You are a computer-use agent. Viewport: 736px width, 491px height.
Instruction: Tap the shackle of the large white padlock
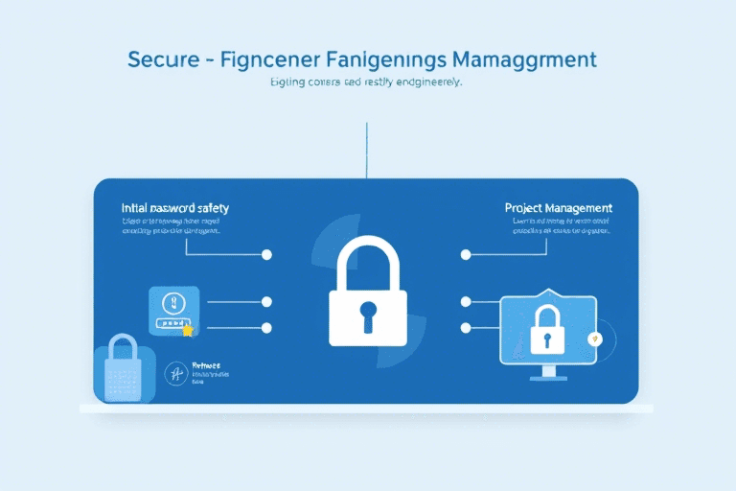coord(368,263)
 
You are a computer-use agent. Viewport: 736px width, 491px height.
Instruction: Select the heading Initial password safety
coord(175,207)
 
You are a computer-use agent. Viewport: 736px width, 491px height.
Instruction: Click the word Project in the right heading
coord(528,207)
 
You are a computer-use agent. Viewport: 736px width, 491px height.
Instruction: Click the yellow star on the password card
coord(188,330)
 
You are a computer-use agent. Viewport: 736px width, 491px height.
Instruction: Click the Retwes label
coord(206,365)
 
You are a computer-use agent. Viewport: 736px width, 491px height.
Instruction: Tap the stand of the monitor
coord(548,372)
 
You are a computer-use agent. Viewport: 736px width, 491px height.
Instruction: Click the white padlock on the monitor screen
coord(547,326)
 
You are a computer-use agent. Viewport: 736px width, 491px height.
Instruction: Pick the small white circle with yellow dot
coord(596,338)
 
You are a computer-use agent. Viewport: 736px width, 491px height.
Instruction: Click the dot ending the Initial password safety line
coord(266,254)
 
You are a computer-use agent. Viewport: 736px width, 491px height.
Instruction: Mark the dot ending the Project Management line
coord(466,254)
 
